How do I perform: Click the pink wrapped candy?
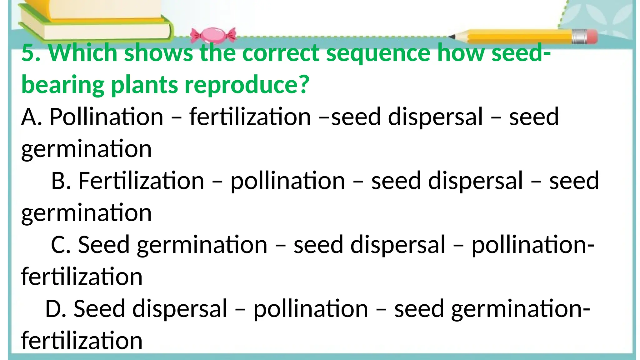pyautogui.click(x=213, y=35)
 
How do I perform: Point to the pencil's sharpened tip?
pyautogui.click(x=452, y=37)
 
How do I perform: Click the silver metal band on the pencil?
pyautogui.click(x=579, y=37)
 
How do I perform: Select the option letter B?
pyautogui.click(x=61, y=181)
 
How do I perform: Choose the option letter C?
pyautogui.click(x=60, y=245)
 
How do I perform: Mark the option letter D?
pyautogui.click(x=55, y=309)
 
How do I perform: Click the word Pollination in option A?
pyautogui.click(x=106, y=117)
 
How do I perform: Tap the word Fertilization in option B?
pyautogui.click(x=141, y=181)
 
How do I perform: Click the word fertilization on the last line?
pyautogui.click(x=82, y=341)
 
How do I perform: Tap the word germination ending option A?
pyautogui.click(x=86, y=149)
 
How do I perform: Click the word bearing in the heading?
pyautogui.click(x=63, y=85)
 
